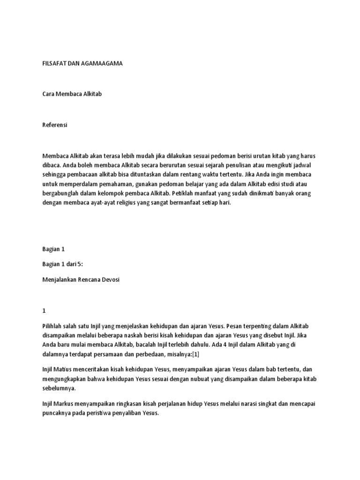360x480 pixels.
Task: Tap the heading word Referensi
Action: tap(55, 125)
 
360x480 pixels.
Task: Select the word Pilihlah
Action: tap(53, 326)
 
